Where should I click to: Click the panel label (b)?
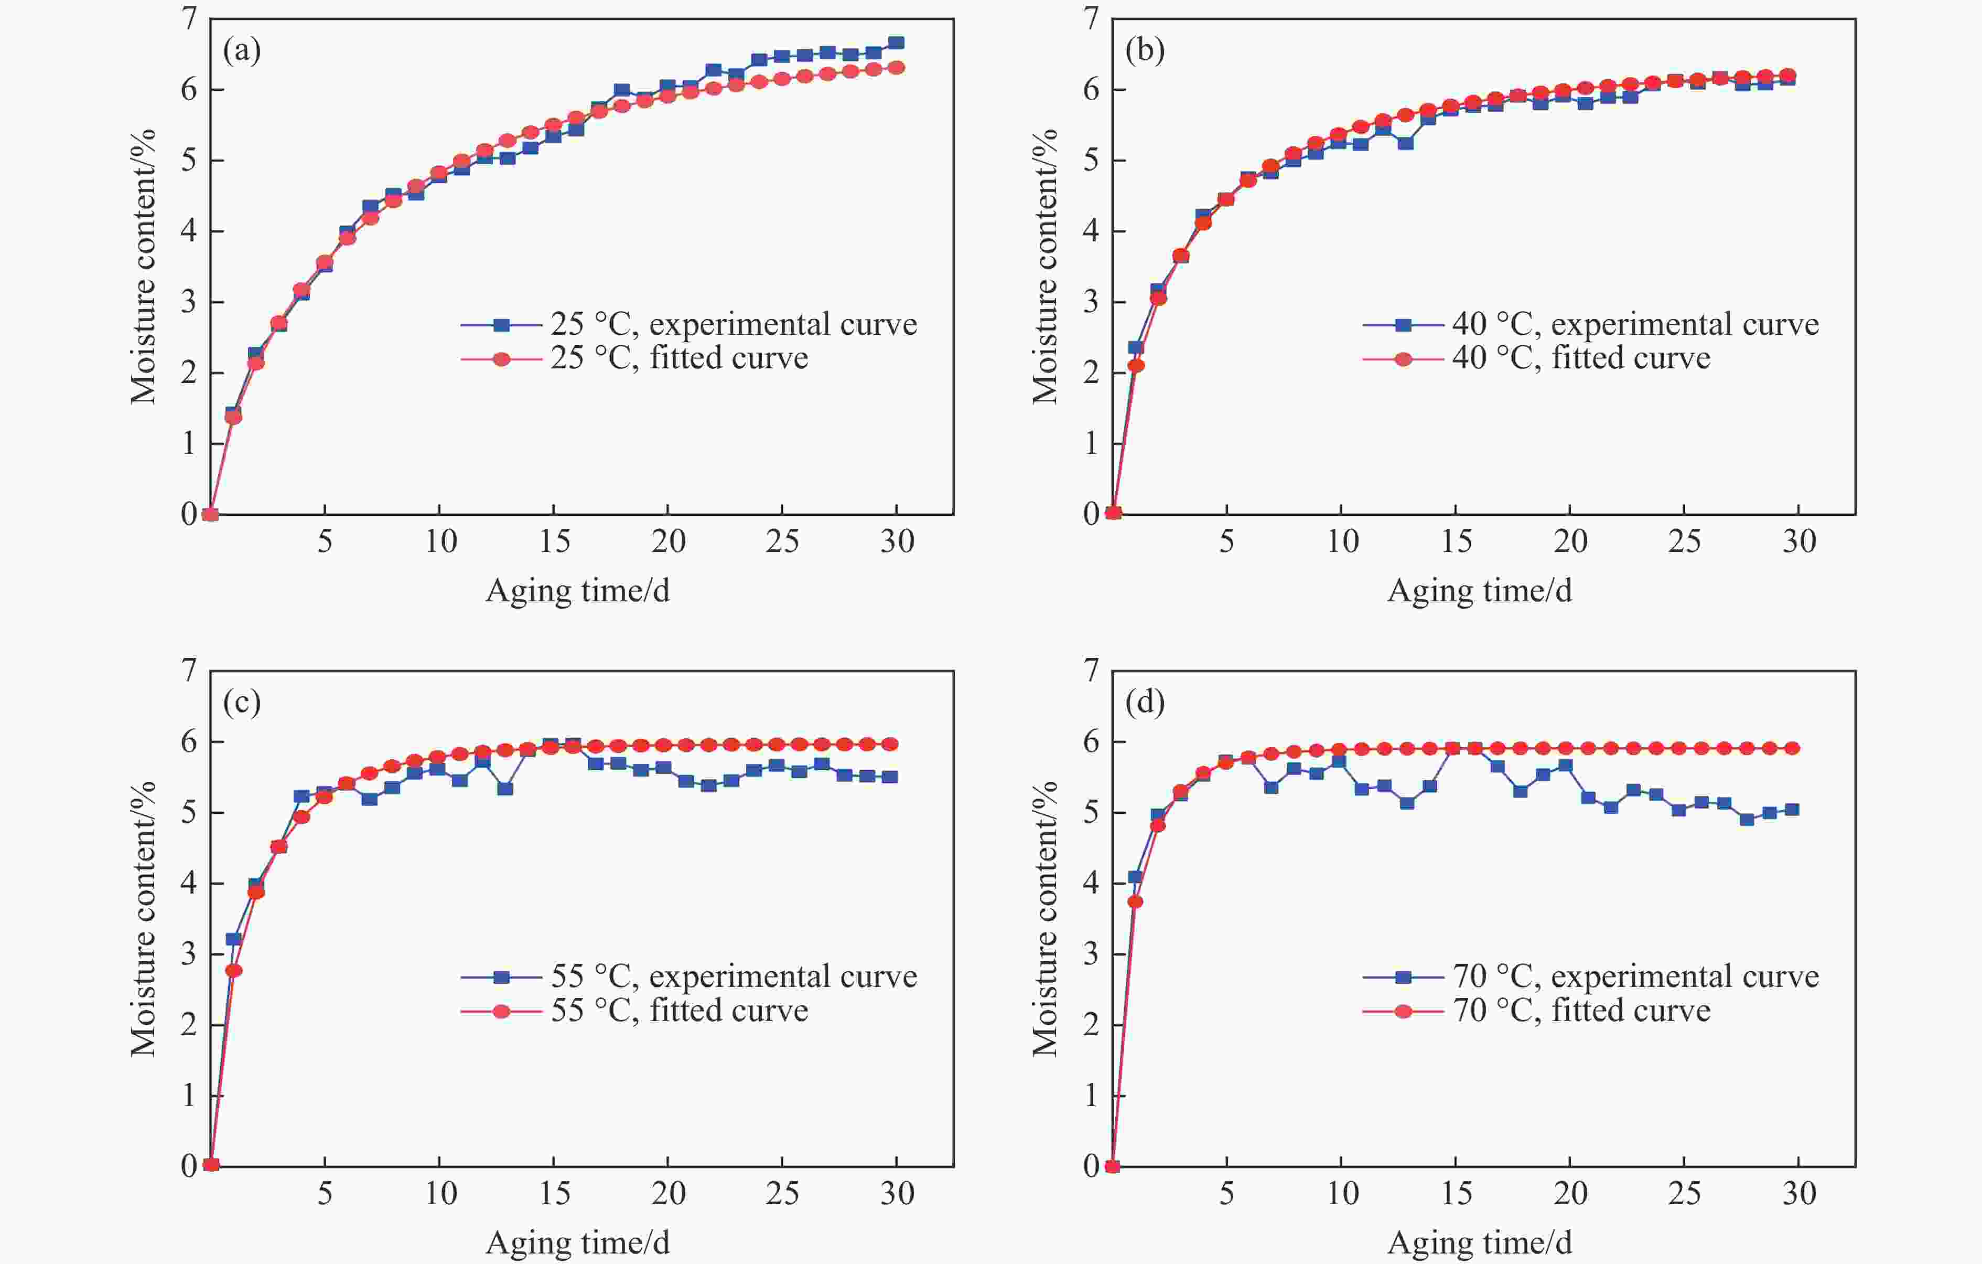point(1144,51)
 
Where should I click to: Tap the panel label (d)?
point(1144,703)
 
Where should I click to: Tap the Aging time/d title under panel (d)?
point(1480,1242)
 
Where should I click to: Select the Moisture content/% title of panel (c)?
point(143,918)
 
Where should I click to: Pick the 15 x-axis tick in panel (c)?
point(554,1193)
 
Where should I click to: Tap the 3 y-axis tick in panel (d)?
point(1092,954)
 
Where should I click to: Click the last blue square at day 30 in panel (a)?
point(896,43)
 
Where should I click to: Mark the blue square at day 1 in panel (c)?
point(233,939)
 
